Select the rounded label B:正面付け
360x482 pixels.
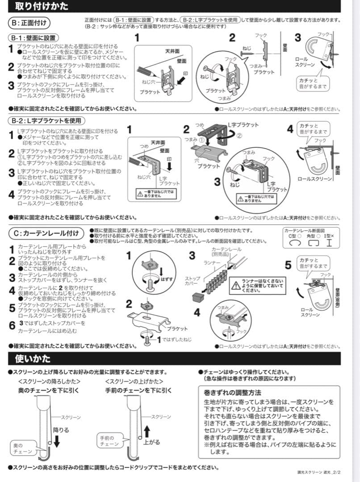point(29,22)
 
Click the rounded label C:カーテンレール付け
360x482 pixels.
point(46,233)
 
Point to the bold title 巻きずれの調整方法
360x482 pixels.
point(232,393)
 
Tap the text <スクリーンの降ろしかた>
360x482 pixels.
point(49,381)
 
